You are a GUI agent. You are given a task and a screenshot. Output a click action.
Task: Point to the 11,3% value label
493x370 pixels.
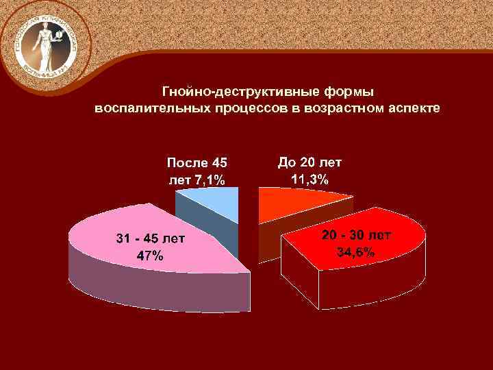(x=309, y=179)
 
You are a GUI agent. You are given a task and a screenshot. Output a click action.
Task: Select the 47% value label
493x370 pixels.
(x=150, y=256)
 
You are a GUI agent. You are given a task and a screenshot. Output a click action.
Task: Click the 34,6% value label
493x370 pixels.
(x=355, y=252)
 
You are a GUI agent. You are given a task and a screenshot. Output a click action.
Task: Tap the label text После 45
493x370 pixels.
(x=197, y=163)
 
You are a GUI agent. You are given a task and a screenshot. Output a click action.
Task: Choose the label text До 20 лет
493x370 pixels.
(x=309, y=162)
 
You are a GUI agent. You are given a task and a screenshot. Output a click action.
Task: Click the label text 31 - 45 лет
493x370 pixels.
(x=150, y=239)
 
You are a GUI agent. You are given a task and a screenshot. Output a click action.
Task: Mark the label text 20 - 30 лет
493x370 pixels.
(x=356, y=236)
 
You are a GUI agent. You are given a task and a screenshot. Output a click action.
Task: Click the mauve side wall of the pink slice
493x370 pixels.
(x=151, y=288)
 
